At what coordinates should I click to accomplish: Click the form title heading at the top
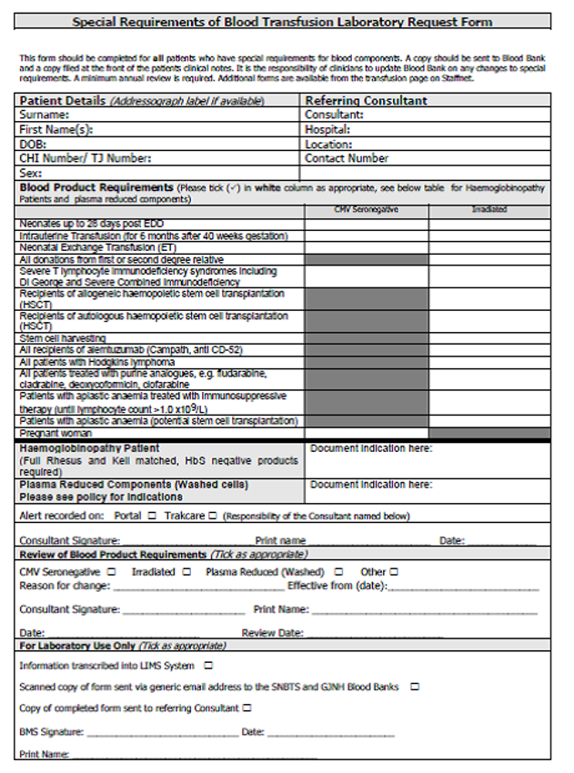282,22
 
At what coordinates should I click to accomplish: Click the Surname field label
44,115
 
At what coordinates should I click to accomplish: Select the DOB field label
33,144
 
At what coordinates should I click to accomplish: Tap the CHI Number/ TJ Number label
86,158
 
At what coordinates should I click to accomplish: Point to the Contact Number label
347,158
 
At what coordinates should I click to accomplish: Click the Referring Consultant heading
367,101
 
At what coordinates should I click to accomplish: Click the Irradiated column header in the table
488,209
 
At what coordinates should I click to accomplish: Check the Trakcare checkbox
212,516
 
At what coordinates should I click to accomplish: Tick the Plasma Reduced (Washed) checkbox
338,572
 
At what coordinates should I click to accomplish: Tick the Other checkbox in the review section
394,572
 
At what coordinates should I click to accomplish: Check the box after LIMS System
208,666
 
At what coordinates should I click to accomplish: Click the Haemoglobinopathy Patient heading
89,448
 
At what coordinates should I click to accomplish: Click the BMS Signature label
51,731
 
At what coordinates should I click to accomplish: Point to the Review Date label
272,632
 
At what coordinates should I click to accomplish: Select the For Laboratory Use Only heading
76,646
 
